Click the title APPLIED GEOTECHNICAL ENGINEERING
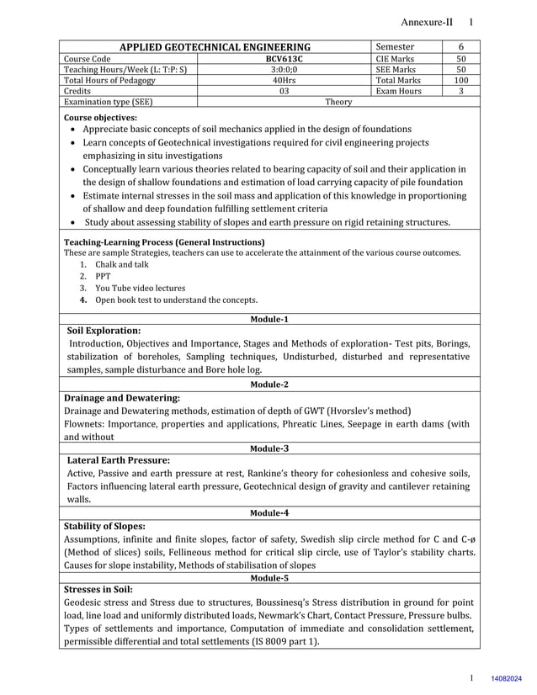click(215, 47)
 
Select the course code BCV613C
click(284, 59)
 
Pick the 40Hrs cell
click(284, 80)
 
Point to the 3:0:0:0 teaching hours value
click(284, 70)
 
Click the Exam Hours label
click(399, 91)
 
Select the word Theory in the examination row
click(338, 102)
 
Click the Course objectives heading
click(100, 118)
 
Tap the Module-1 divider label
click(269, 320)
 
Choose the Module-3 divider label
click(269, 448)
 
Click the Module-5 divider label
click(269, 578)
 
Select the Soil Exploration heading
click(104, 331)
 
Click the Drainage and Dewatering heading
click(122, 397)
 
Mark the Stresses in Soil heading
click(98, 589)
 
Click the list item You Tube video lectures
click(140, 288)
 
